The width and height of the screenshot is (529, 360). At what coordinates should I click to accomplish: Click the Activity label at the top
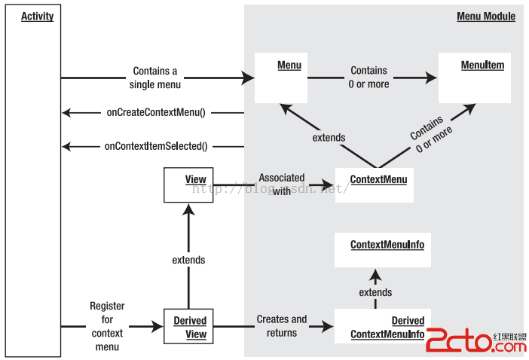pyautogui.click(x=38, y=16)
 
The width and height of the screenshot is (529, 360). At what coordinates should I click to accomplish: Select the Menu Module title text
pyautogui.click(x=486, y=16)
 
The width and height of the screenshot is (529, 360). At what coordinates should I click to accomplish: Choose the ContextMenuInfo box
pyautogui.click(x=383, y=249)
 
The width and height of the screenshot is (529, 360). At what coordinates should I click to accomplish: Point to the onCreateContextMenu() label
pyautogui.click(x=156, y=112)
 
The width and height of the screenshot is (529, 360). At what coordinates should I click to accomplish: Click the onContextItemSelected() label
pyautogui.click(x=156, y=146)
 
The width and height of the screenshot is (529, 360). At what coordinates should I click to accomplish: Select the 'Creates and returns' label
pyautogui.click(x=282, y=325)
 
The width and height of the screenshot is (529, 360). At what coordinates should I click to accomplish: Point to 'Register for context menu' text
pyautogui.click(x=108, y=326)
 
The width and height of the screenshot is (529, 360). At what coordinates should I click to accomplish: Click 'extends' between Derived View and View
pyautogui.click(x=188, y=260)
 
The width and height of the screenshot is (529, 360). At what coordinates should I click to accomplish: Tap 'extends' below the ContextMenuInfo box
pyautogui.click(x=375, y=292)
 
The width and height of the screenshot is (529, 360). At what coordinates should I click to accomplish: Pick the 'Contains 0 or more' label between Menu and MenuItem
pyautogui.click(x=369, y=78)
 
